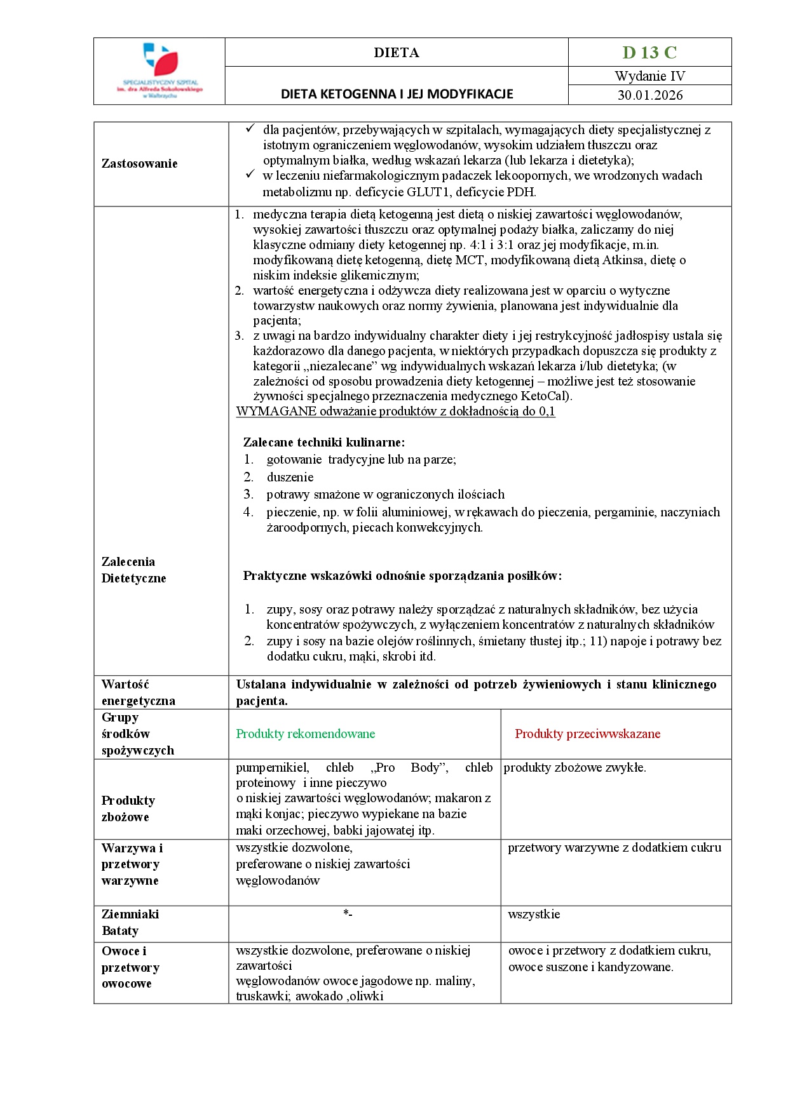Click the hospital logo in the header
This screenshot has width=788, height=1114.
(x=160, y=70)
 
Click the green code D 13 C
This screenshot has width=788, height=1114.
(x=649, y=53)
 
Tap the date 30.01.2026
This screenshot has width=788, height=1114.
(x=649, y=95)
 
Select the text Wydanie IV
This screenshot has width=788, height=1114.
(x=649, y=76)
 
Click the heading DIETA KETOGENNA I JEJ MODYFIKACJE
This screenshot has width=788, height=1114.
(x=397, y=95)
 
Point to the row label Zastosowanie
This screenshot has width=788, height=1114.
(x=139, y=164)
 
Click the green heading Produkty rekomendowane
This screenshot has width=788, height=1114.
(x=306, y=734)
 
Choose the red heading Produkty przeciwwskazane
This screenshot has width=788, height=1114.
(x=587, y=734)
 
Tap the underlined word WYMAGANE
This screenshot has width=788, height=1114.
(x=276, y=412)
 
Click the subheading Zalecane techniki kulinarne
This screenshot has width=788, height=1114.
(x=323, y=443)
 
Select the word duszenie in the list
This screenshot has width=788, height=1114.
(x=290, y=478)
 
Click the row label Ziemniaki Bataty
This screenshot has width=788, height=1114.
(x=130, y=923)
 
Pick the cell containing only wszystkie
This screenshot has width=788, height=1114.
(x=534, y=915)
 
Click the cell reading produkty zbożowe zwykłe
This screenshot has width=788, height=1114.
(x=574, y=768)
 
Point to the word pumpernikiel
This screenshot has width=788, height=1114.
(x=272, y=768)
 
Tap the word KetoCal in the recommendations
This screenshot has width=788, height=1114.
(x=544, y=396)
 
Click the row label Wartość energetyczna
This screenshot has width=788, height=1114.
(x=138, y=693)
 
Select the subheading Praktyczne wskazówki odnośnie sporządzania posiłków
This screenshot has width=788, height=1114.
(x=402, y=577)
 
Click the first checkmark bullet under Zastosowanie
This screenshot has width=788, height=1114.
(x=250, y=130)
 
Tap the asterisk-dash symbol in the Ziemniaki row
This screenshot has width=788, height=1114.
(x=348, y=914)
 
